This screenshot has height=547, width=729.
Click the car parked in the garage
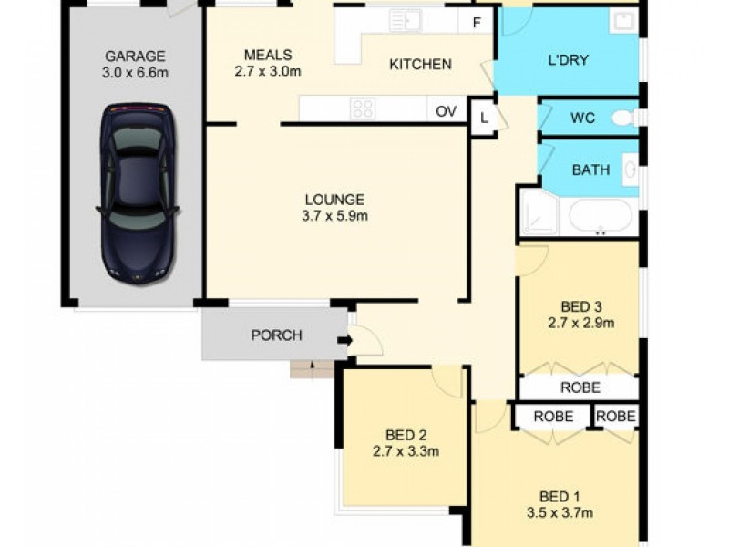[138, 193]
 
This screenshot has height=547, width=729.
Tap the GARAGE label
[134, 55]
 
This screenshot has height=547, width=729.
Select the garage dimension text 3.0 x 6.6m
[134, 72]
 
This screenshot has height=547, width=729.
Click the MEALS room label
[268, 55]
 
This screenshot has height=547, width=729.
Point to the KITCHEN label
[420, 64]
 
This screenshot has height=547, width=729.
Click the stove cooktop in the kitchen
[363, 108]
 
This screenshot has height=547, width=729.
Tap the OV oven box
[446, 110]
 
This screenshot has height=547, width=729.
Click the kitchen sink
[404, 19]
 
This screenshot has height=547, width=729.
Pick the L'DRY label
[568, 60]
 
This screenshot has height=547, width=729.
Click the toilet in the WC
[624, 118]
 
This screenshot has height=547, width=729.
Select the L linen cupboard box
[482, 118]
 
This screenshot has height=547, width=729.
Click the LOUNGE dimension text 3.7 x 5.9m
[334, 216]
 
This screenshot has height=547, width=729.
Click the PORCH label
[276, 335]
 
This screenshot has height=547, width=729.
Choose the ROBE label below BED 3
[580, 387]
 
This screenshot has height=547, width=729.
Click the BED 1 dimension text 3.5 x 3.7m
[560, 512]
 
